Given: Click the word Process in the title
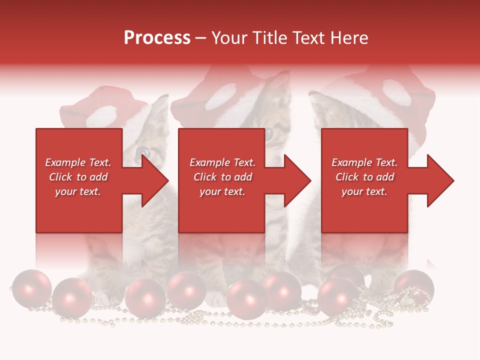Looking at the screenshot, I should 157,38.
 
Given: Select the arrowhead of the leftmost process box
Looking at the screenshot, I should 154,180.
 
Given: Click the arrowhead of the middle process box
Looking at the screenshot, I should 297,180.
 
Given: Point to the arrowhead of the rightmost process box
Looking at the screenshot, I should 440,180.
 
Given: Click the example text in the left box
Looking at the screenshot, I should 78,177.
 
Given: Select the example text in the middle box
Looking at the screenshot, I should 222,177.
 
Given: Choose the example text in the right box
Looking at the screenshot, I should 364,177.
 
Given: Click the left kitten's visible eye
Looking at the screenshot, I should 143,151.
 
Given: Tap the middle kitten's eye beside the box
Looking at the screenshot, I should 269,134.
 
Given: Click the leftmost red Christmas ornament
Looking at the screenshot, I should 31,287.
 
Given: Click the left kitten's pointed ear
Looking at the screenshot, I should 161,105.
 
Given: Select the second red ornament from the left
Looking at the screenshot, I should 72,297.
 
